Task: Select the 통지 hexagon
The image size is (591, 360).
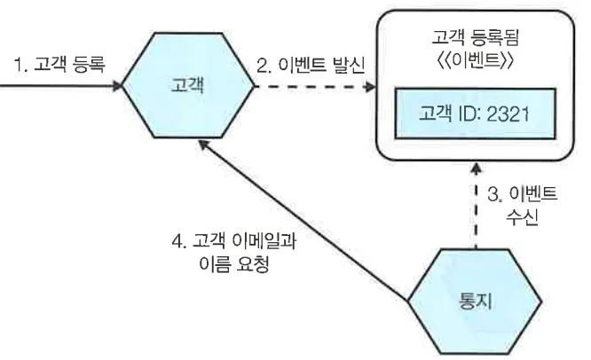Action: tap(477, 299)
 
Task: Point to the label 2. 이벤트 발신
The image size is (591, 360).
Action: tap(311, 67)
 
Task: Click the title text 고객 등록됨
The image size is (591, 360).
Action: tap(477, 39)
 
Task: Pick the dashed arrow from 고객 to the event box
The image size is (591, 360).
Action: tap(311, 88)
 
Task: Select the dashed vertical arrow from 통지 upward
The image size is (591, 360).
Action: tap(477, 213)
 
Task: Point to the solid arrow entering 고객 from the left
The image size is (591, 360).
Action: tap(58, 88)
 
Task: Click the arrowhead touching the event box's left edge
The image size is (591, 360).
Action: tap(368, 88)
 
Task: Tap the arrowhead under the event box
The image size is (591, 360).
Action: tap(477, 168)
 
